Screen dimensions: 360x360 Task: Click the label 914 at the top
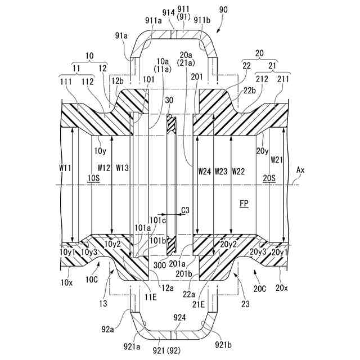[x=168, y=12]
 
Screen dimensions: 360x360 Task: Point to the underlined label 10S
[x=94, y=178]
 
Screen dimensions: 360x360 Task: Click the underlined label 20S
[x=269, y=178]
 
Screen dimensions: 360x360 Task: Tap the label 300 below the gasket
[x=159, y=264]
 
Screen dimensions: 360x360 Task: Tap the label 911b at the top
[x=202, y=20]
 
